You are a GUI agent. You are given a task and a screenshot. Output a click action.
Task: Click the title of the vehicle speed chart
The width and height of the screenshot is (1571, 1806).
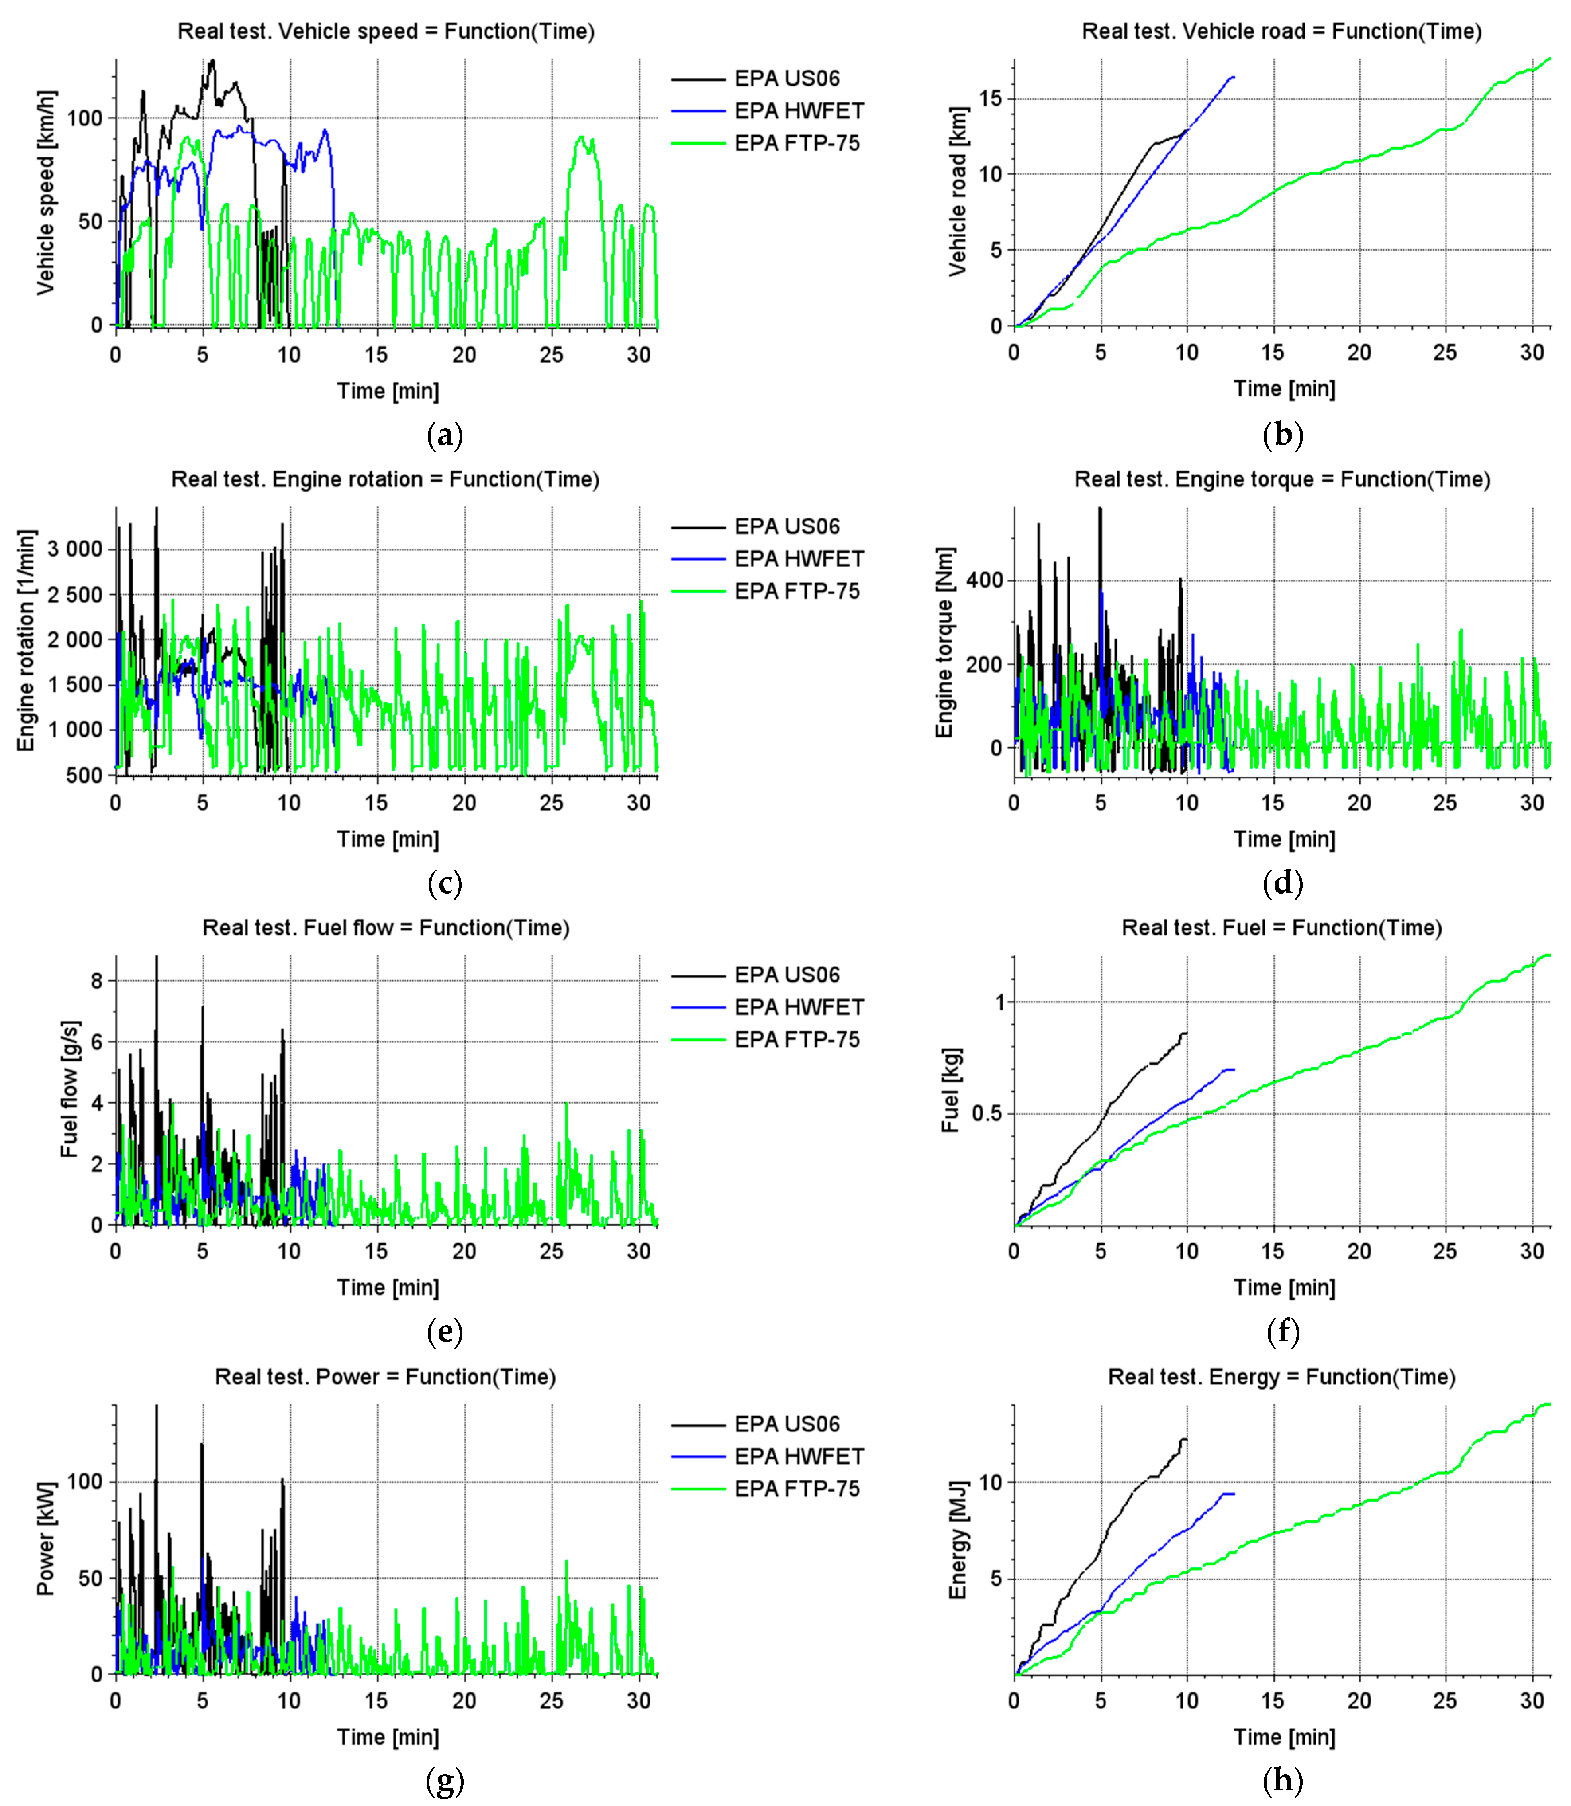coord(386,31)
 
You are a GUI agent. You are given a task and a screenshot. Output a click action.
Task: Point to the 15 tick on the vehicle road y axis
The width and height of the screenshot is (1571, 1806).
coord(991,99)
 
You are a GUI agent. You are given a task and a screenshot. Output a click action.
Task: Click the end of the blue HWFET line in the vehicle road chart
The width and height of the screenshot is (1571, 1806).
coord(1234,77)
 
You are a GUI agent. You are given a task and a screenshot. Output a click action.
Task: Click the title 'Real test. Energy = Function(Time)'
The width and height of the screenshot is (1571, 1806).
coord(1282,1377)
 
